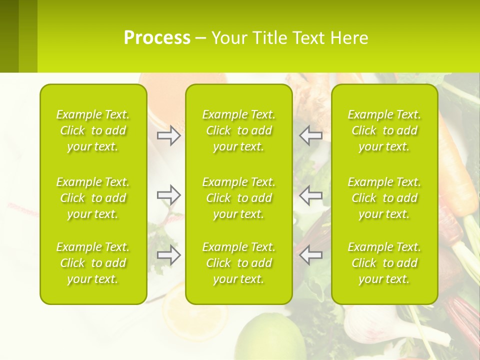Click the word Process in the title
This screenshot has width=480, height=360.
(x=157, y=38)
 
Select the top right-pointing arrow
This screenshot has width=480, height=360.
(x=168, y=135)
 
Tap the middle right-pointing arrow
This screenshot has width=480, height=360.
(x=168, y=195)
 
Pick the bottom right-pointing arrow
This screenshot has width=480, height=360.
(x=168, y=255)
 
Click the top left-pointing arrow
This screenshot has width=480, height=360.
(x=311, y=135)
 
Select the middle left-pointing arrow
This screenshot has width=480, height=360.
(x=311, y=195)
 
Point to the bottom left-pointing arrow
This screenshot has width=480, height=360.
(x=311, y=255)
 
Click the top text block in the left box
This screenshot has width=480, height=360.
(x=93, y=130)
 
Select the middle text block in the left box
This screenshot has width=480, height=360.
(x=93, y=198)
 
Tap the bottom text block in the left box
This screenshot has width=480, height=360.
(x=93, y=263)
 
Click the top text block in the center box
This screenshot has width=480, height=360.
(x=239, y=130)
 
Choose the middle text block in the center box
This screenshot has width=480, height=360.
(x=239, y=198)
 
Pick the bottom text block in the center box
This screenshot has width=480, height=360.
(x=239, y=263)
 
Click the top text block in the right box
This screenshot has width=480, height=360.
(x=384, y=130)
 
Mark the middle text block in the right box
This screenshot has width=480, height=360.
(x=384, y=198)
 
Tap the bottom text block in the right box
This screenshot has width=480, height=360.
(x=384, y=263)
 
